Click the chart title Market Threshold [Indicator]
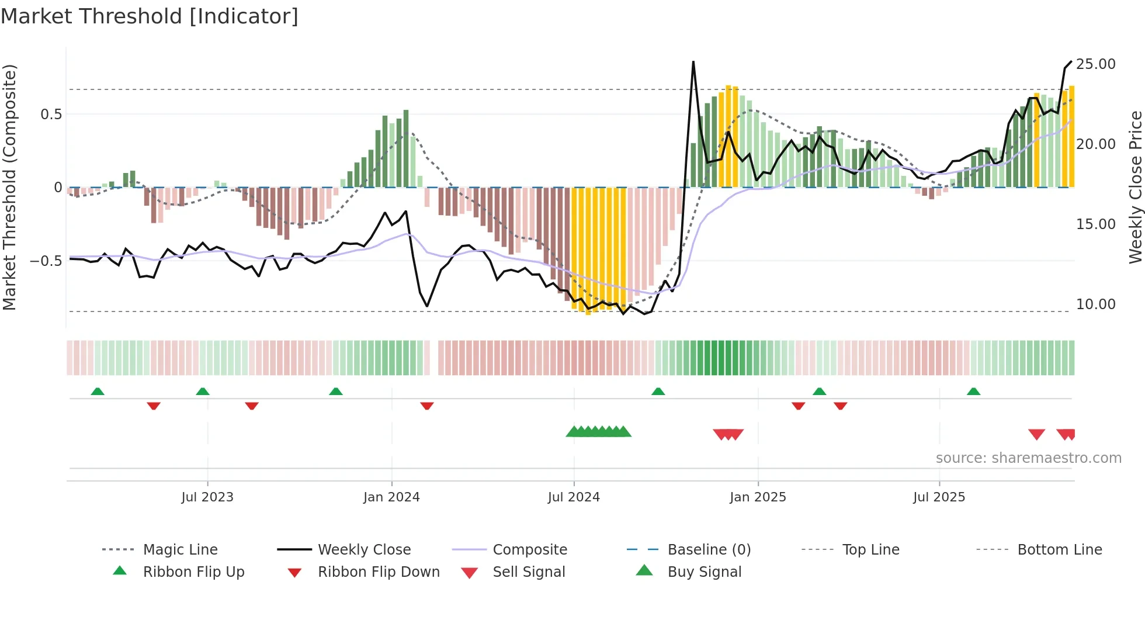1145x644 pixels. [x=150, y=16]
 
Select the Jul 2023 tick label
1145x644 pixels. [x=207, y=497]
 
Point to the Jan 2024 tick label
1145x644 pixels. [x=391, y=497]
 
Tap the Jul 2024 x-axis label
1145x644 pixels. [x=574, y=497]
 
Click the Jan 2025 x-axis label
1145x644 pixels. [x=758, y=497]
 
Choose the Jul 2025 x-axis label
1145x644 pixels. [x=939, y=497]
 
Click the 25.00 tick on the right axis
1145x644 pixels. [x=1095, y=64]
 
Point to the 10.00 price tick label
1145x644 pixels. [x=1095, y=304]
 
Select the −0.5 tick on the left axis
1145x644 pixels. [x=46, y=261]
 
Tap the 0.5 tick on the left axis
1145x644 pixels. [x=51, y=115]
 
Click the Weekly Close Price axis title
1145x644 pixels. [x=1135, y=187]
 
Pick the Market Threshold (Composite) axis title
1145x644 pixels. [x=9, y=187]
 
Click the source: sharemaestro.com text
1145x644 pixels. [x=1028, y=458]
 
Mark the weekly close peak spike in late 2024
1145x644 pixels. [x=693, y=62]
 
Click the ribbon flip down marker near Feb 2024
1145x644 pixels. [x=427, y=406]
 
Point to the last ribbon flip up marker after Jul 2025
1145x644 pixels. [x=973, y=392]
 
